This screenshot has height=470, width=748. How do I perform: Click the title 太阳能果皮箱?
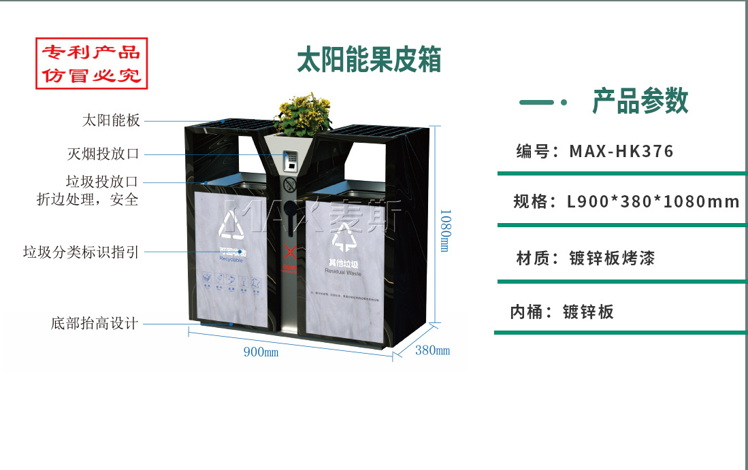(x=369, y=60)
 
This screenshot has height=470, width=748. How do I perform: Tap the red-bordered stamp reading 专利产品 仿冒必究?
(x=91, y=63)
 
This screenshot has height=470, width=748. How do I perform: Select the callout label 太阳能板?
(x=111, y=121)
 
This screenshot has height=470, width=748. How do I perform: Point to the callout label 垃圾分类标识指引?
(x=81, y=252)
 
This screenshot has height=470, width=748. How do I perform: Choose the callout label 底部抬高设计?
(x=95, y=323)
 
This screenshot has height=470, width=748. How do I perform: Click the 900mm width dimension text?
(x=261, y=352)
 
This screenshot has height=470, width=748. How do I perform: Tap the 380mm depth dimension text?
(x=433, y=350)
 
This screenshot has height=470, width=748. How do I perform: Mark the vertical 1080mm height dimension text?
(x=443, y=230)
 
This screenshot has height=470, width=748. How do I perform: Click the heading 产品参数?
(x=640, y=101)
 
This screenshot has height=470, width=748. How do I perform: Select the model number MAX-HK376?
(x=621, y=151)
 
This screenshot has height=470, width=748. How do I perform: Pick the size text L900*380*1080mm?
(x=653, y=202)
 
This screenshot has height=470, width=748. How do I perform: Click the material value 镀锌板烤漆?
(x=612, y=258)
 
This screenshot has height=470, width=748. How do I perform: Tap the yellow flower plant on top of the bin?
(x=303, y=114)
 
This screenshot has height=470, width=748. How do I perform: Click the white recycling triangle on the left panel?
(x=232, y=224)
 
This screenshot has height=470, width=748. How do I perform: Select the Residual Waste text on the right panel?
(x=343, y=272)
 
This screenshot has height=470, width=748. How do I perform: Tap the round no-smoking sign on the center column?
(x=289, y=184)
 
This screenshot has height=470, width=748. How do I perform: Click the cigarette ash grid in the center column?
(x=291, y=161)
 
